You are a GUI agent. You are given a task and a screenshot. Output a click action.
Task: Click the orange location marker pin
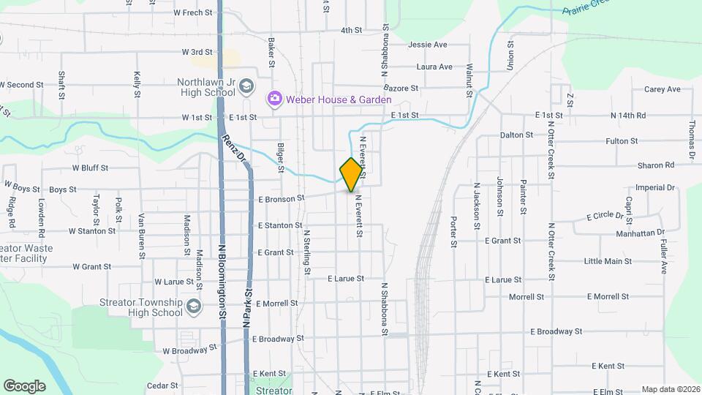coord(352,174)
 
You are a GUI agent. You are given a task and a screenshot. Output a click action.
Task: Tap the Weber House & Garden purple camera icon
coord(275,98)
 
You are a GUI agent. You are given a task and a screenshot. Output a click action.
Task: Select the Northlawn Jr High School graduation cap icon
coord(246,87)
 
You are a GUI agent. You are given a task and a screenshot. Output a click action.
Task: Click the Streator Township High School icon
coord(193,306)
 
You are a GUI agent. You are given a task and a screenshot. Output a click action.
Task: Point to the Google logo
coord(24,386)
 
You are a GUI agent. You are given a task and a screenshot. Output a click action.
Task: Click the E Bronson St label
coord(280,199)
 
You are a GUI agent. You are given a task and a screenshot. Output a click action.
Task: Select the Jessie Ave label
coord(428,45)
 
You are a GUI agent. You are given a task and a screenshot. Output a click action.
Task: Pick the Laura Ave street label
coord(434,67)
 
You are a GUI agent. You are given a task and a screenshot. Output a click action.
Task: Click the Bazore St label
coord(401,88)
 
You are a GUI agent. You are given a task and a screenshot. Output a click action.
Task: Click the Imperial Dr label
coord(654,188)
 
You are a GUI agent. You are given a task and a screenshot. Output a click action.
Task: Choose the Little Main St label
coord(608,261)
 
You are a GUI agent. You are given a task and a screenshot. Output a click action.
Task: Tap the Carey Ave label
coord(663,89)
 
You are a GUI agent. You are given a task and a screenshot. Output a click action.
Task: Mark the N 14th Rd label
coord(628,116)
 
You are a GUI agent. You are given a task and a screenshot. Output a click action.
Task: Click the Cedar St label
coord(162,385)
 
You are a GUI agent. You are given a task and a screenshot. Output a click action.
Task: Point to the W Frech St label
coord(192,12)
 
